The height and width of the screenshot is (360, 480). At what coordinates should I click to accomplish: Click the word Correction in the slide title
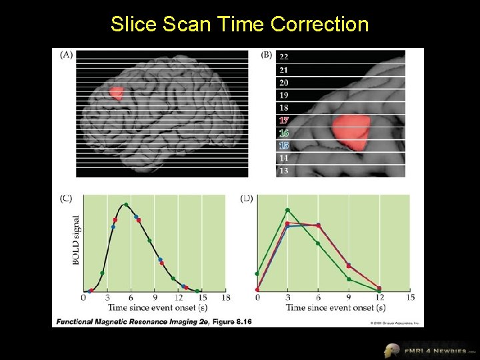coord(319,25)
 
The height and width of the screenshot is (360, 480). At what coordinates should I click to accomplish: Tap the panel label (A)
coord(67,55)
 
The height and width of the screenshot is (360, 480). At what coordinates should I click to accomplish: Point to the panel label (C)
coord(67,199)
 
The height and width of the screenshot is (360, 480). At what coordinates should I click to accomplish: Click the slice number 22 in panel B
coord(284,57)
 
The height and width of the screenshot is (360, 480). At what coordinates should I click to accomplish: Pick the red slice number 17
coord(284,121)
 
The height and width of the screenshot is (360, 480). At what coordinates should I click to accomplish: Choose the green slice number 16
coord(284,133)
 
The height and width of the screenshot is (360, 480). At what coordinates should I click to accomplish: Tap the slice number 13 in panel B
coord(284,171)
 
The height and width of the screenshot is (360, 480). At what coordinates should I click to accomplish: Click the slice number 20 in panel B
coord(284,83)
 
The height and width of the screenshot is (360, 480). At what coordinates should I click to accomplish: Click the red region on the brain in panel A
coord(116,93)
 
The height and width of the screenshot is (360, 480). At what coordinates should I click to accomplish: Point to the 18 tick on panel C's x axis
coord(225,297)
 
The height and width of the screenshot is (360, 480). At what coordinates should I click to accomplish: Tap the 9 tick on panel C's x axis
coord(155,297)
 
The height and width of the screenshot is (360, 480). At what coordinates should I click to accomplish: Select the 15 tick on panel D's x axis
coord(410,297)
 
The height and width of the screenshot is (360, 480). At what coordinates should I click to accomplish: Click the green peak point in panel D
coord(287,210)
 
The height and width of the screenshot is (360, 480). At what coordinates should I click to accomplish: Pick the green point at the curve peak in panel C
coord(125,204)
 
